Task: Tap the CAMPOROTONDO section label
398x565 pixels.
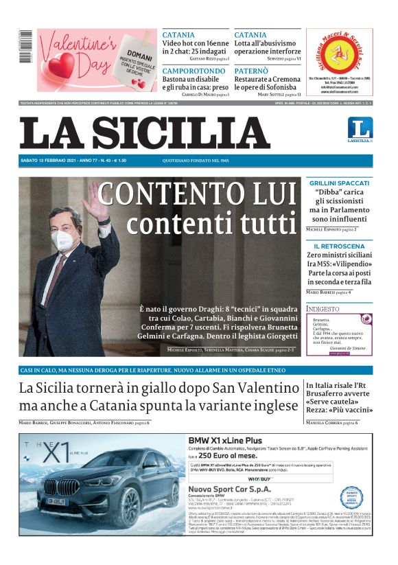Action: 194,71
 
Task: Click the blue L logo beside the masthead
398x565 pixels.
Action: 359,128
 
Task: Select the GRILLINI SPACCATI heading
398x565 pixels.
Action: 339,183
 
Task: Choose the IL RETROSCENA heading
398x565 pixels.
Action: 339,246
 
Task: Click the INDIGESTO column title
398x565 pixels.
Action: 323,309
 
